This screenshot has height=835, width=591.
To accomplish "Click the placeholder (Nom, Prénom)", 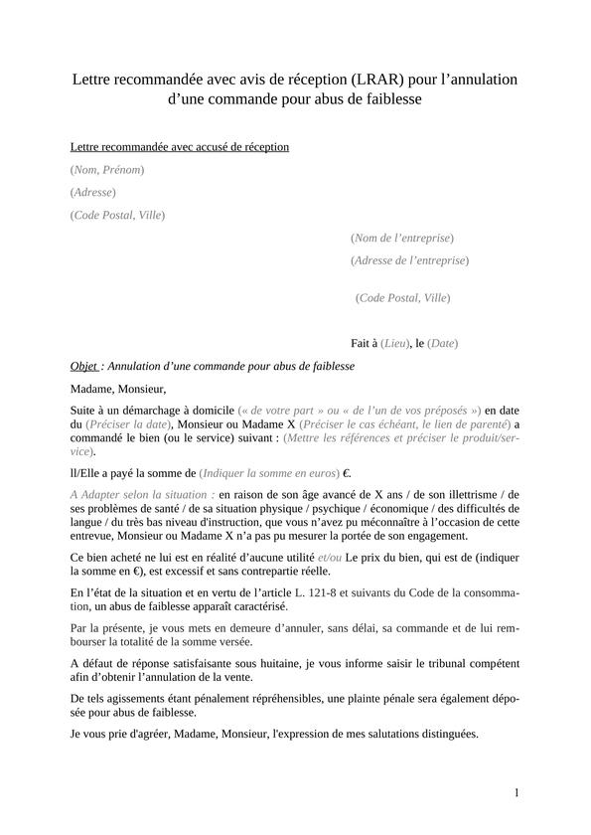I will (107, 170).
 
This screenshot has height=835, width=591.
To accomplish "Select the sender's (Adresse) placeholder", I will (93, 192).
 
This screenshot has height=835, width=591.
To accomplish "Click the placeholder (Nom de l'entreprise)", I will (401, 238).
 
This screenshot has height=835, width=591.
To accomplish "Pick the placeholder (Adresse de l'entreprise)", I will (409, 260).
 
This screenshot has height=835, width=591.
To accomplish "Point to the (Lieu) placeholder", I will (395, 343).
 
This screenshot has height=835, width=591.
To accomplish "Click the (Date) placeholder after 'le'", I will (442, 343).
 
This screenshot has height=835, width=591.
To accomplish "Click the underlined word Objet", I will (84, 366).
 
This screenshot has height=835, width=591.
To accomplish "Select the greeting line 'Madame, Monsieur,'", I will (118, 389).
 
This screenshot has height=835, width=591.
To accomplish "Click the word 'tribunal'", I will (432, 663).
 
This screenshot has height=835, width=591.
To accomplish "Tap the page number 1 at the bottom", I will (517, 792).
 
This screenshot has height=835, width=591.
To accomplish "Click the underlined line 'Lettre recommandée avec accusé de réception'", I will (180, 147).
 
